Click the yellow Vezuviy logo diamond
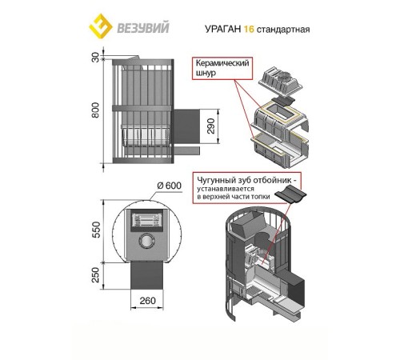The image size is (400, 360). (x=101, y=26)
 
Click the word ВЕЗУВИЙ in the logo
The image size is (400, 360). (x=143, y=28)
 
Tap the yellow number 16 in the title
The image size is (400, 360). (x=249, y=29)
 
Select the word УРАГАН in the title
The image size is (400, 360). (x=223, y=29)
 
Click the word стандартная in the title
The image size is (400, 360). (x=283, y=30)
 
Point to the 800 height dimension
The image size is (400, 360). (x=95, y=110)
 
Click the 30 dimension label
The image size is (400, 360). (x=95, y=58)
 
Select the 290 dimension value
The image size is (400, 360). (x=210, y=126)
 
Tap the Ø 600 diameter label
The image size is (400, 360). (x=169, y=186)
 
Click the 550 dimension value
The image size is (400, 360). (x=95, y=230)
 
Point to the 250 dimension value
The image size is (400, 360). (x=95, y=274)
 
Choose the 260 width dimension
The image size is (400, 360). (x=147, y=301)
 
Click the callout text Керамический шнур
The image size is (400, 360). (x=222, y=68)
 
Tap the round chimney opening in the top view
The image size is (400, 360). (x=146, y=241)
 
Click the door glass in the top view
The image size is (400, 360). (x=146, y=220)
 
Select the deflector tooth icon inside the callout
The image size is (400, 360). (x=290, y=194)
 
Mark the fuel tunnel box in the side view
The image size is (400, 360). (x=186, y=126)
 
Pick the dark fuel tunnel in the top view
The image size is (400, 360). (x=146, y=275)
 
